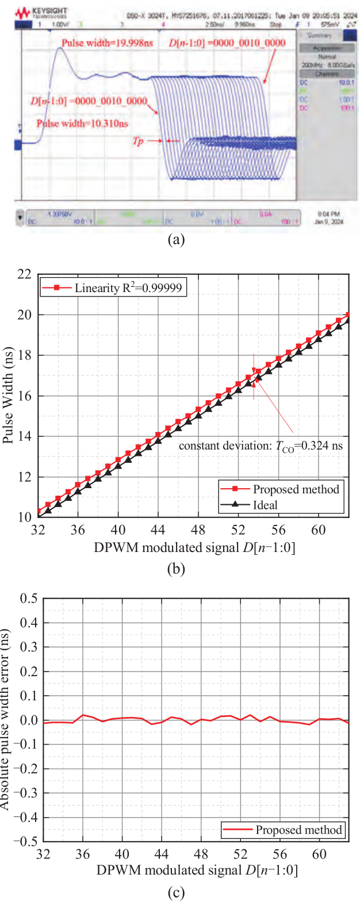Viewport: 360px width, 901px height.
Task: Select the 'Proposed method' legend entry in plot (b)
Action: pos(288,489)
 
